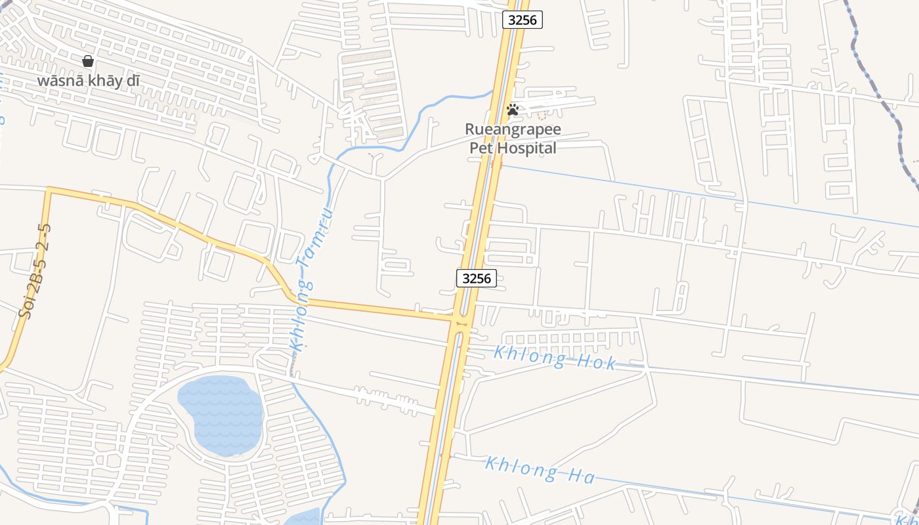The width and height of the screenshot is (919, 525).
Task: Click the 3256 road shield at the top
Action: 523,20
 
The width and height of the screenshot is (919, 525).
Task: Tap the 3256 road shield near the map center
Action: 476,278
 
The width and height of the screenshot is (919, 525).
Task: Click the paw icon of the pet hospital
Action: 513,110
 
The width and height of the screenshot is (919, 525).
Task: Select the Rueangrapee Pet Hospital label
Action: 513,138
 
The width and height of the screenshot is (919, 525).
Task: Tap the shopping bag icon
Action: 88,61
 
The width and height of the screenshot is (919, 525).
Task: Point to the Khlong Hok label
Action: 555,358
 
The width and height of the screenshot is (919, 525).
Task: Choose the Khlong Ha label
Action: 540,470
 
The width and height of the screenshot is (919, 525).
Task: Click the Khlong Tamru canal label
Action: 311,279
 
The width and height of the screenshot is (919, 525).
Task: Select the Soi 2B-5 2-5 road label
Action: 35,270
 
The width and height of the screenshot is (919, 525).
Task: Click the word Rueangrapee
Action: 513,129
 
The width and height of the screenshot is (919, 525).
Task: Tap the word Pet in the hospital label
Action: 481,148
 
